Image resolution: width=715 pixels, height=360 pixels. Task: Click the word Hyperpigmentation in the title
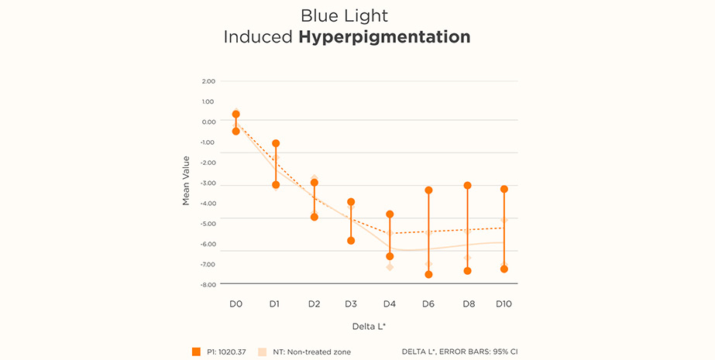(x=384, y=36)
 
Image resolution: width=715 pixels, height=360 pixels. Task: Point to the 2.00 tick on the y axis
(x=208, y=81)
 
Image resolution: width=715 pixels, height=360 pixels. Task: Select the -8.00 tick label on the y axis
(x=208, y=285)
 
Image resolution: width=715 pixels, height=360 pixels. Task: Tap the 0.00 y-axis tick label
(x=208, y=122)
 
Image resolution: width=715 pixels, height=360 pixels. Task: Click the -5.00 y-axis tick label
(x=208, y=224)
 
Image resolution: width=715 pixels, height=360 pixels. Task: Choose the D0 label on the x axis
(x=235, y=304)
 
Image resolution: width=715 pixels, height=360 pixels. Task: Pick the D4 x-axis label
(x=390, y=304)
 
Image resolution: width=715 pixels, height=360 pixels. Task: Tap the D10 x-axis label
(x=504, y=304)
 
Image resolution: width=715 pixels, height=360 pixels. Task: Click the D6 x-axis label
(x=428, y=304)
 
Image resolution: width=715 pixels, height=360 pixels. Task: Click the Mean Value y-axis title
(x=186, y=181)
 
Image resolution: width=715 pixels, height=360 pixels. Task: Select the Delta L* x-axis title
(x=368, y=327)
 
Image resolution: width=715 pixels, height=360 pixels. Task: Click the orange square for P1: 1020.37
(x=196, y=351)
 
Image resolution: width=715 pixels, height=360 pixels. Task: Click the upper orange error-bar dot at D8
(x=467, y=186)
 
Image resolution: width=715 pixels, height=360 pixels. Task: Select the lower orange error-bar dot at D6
(x=428, y=275)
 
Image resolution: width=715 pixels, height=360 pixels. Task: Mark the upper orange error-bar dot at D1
(x=276, y=144)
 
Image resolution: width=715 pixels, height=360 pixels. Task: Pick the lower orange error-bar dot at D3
(x=351, y=241)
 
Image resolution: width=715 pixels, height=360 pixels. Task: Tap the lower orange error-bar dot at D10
(x=504, y=269)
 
